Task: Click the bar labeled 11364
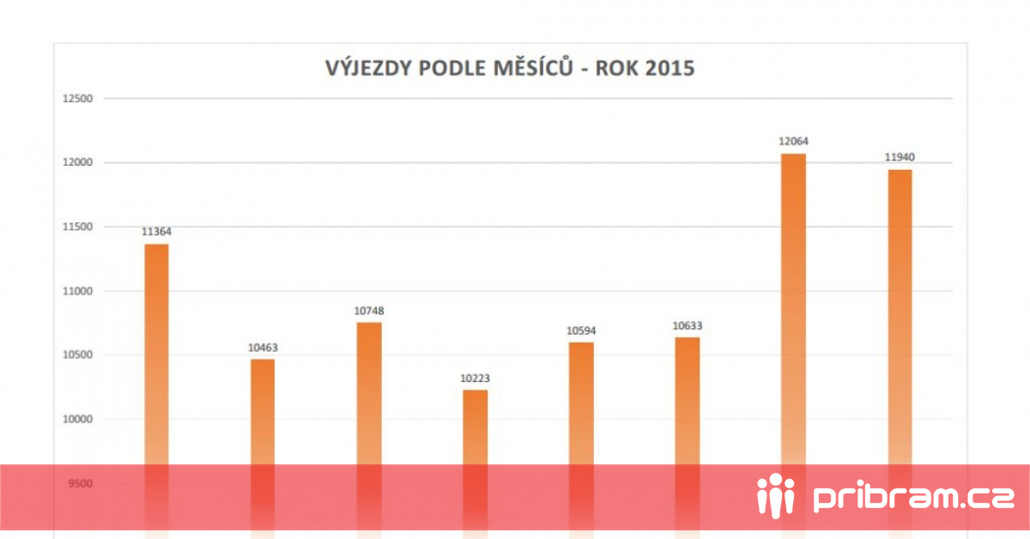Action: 156,391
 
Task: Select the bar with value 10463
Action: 263,449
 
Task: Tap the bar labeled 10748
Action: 369,431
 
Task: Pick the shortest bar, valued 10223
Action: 475,464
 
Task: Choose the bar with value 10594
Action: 581,440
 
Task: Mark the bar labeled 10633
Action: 688,438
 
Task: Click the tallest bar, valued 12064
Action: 794,346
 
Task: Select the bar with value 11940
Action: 900,354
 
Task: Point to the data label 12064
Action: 793,142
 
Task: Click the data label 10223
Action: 475,378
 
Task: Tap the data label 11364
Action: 156,232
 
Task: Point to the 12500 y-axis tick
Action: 78,99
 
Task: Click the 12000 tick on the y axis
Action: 78,162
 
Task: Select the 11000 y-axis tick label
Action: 78,291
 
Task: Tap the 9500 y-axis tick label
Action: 81,483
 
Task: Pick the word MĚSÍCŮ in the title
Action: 533,67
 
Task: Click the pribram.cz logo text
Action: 913,498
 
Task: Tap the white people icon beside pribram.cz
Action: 776,495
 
